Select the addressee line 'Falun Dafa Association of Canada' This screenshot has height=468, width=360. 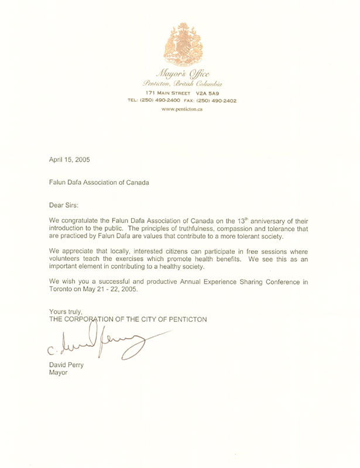tap(99, 182)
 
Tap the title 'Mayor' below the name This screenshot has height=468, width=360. tap(59, 375)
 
